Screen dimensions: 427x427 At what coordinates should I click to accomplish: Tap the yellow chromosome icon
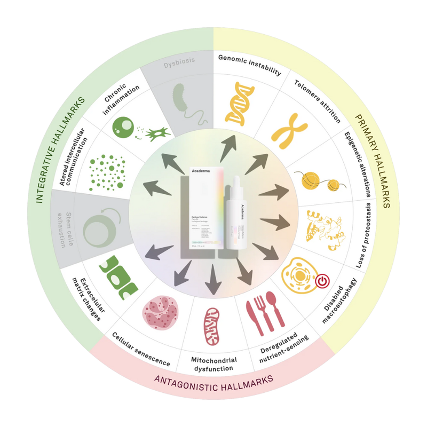tap(289, 131)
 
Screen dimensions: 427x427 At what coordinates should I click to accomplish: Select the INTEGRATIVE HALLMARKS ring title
tap(59, 149)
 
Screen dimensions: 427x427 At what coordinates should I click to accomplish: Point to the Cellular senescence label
tap(141, 350)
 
